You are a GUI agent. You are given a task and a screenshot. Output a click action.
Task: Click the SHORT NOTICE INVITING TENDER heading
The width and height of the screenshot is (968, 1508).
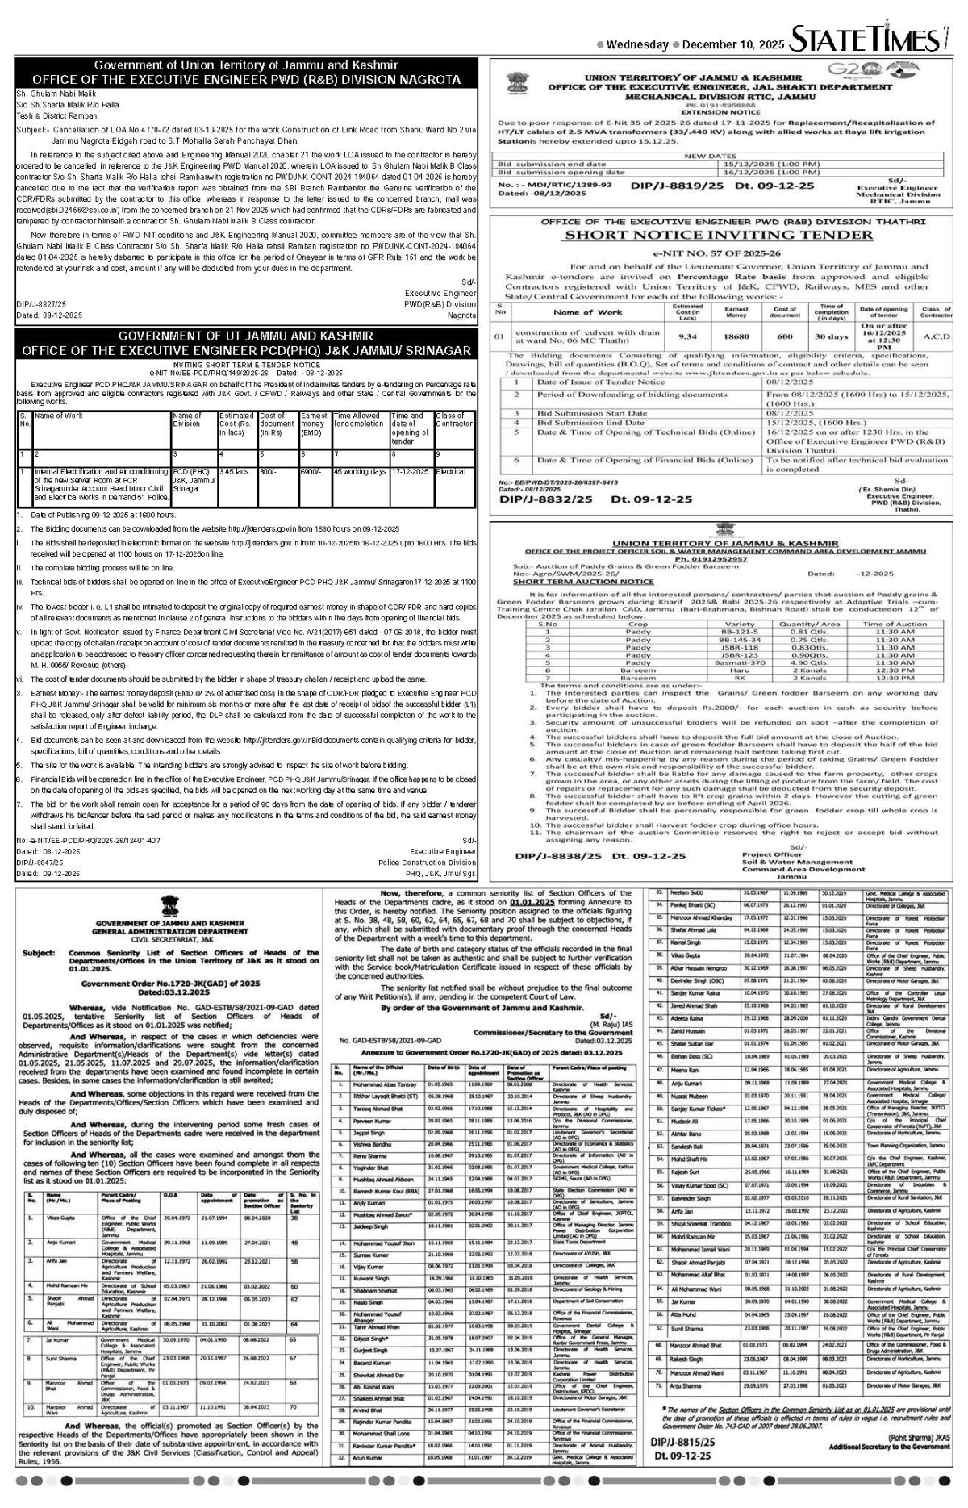(717, 235)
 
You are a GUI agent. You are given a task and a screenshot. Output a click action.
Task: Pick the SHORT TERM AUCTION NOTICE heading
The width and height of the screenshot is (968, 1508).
(583, 581)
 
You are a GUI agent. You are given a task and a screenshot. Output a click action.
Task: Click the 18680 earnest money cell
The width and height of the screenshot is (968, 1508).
(736, 336)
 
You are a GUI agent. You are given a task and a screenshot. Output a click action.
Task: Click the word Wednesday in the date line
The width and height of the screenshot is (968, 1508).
(636, 44)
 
